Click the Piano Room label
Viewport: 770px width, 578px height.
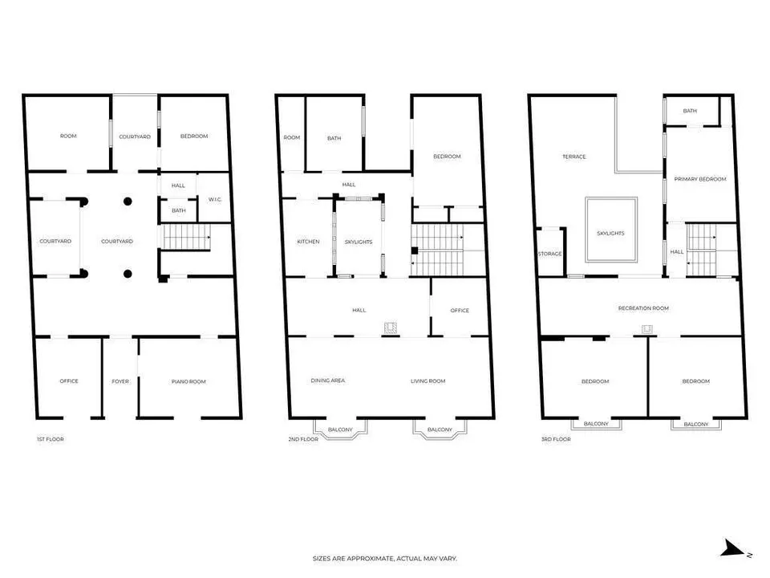click(188, 381)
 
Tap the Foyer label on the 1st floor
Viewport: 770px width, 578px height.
click(120, 381)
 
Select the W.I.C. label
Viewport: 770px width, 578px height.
click(215, 200)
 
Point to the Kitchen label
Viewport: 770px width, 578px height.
click(308, 242)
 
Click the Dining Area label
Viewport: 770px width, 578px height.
click(328, 381)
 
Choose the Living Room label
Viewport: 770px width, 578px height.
click(428, 381)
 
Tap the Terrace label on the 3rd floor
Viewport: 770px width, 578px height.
click(574, 157)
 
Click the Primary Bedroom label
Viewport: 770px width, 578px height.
click(700, 179)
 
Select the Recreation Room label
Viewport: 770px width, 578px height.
click(644, 308)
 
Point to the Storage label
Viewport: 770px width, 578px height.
click(550, 254)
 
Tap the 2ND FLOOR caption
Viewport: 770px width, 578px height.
click(303, 439)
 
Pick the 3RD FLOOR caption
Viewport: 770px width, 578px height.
click(557, 439)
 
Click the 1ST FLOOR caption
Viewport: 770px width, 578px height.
click(50, 439)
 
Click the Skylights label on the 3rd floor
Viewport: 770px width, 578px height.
click(611, 234)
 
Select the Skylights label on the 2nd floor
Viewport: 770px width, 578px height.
click(359, 242)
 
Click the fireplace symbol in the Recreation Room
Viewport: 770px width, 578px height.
click(647, 329)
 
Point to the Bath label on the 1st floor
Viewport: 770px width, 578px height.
click(179, 210)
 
